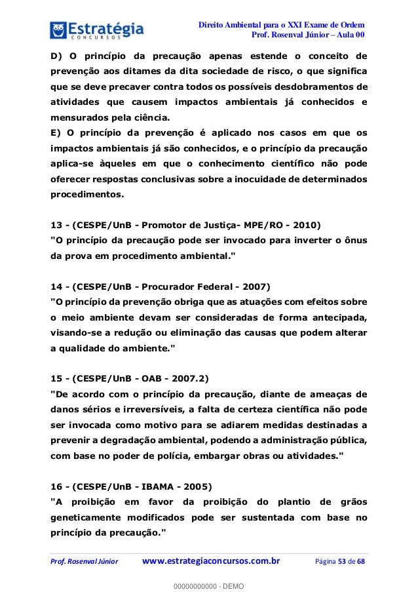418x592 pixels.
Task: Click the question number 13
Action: pyautogui.click(x=56, y=224)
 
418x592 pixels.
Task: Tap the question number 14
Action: pyautogui.click(x=56, y=286)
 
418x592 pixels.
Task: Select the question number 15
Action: pyautogui.click(x=56, y=378)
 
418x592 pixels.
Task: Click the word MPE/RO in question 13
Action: pyautogui.click(x=252, y=224)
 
